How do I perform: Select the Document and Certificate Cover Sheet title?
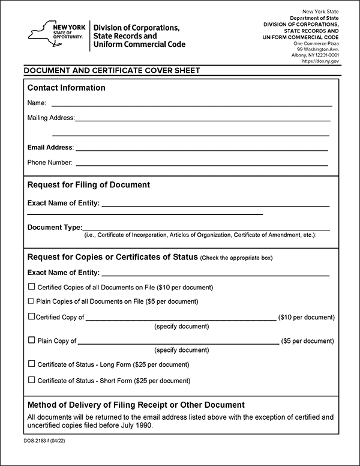coord(112,70)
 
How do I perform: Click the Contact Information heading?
coord(66,88)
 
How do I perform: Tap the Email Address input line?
coord(202,149)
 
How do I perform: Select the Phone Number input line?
coord(202,164)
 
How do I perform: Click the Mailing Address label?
coord(50,118)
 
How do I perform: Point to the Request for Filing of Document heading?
coord(89,184)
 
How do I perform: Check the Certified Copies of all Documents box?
coord(31,286)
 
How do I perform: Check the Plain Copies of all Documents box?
coord(31,301)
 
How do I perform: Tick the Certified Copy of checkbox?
coord(31,316)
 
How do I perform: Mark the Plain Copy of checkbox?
coord(31,340)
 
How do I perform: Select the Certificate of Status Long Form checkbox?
coord(31,364)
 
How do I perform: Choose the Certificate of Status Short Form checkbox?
coord(31,380)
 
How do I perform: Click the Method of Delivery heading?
coord(136,405)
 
